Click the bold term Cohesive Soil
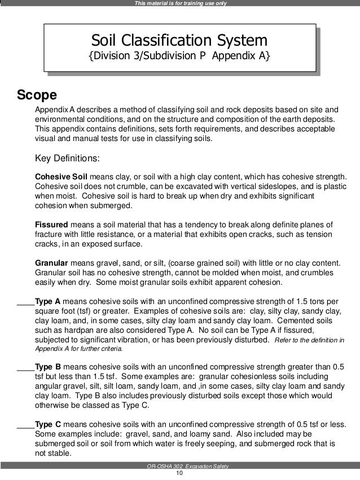point(61,176)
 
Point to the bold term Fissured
point(51,223)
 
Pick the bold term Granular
point(51,263)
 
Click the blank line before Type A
point(25,303)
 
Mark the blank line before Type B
point(25,368)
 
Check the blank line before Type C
point(25,426)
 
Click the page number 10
point(179,473)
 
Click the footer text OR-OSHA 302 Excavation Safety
point(179,465)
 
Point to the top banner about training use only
point(179,4)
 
